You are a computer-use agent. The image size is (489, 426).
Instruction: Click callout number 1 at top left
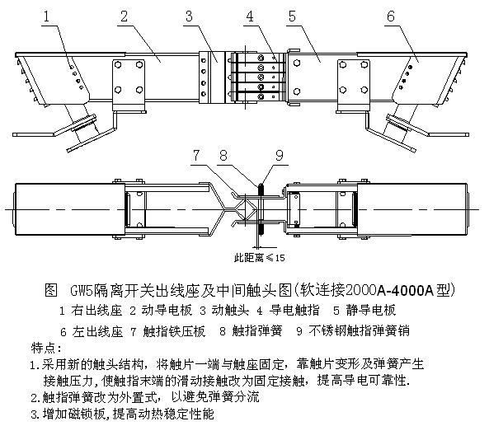click(x=46, y=16)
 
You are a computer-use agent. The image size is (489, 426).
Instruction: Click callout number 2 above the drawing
click(x=125, y=16)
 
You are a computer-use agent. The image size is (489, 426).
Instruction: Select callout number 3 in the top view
click(x=190, y=16)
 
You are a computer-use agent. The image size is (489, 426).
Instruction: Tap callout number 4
click(x=250, y=16)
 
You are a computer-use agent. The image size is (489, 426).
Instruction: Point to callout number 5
click(x=292, y=16)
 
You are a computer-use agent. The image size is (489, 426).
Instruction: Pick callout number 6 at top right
click(x=391, y=16)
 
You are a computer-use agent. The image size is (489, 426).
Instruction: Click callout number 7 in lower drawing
click(x=196, y=155)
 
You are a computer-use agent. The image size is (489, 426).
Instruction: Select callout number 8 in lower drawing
click(x=223, y=155)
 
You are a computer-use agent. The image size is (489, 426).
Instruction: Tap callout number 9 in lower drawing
click(x=279, y=155)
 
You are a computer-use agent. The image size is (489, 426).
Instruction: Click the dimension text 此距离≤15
click(x=260, y=258)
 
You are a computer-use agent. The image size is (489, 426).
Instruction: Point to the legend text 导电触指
click(x=294, y=311)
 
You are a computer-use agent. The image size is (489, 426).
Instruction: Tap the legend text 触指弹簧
click(x=257, y=331)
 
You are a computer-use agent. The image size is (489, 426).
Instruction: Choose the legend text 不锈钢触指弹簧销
click(x=360, y=331)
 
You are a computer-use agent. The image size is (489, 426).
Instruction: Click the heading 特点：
click(x=46, y=348)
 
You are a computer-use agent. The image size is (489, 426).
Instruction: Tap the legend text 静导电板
click(x=371, y=311)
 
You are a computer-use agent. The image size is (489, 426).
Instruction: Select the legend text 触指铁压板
click(x=174, y=331)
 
